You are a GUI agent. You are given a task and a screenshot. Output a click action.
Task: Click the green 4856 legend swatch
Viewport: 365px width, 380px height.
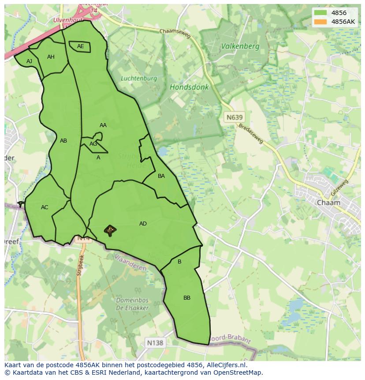[320, 13]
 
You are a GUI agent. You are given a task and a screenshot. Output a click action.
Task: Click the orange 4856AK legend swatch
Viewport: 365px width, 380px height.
[320, 22]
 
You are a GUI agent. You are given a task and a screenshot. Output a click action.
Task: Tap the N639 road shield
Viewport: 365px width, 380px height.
[234, 117]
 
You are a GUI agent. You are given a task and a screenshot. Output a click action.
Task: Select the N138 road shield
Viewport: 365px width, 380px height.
[155, 342]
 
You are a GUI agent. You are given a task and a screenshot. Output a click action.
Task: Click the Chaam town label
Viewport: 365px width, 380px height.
[328, 203]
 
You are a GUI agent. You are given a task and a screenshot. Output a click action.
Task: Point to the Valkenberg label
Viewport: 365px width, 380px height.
[240, 46]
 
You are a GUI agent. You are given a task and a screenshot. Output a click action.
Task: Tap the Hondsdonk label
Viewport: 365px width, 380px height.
[189, 87]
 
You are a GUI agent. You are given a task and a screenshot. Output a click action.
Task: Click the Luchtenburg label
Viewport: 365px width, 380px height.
[139, 79]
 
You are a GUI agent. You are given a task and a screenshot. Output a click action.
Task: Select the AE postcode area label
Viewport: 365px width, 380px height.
[80, 46]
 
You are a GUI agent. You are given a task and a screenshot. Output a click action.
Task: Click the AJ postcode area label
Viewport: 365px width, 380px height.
[29, 61]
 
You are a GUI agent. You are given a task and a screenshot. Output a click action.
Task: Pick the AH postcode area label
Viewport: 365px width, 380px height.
[51, 57]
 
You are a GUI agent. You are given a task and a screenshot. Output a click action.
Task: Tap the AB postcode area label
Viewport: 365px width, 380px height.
[63, 141]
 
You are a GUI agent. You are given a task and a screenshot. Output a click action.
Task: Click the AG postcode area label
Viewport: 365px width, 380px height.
[93, 144]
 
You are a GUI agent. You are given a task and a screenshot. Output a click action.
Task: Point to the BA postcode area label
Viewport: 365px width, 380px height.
[161, 176]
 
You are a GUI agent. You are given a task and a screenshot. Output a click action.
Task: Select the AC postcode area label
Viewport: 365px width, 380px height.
[45, 207]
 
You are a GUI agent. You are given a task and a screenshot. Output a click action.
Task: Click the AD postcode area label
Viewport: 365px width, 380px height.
[143, 224]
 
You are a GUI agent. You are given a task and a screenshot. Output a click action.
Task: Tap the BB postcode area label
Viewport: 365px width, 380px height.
[187, 298]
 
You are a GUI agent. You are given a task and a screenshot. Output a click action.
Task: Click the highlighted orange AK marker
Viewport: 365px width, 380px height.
[110, 230]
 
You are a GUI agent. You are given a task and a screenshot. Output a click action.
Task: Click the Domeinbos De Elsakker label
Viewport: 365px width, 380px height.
[132, 304]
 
